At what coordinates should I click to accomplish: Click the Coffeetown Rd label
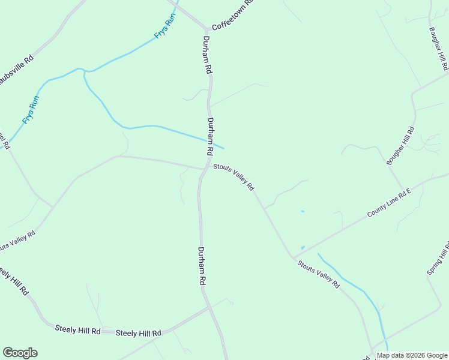point(234,16)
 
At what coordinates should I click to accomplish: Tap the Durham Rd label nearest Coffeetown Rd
point(207,55)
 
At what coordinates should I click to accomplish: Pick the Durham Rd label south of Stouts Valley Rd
point(202,266)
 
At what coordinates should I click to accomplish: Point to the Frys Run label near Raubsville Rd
point(31,110)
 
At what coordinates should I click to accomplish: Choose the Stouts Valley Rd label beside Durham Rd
point(234,178)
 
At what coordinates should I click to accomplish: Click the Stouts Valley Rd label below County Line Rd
point(318,274)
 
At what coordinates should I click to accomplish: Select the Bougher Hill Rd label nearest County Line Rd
point(400,146)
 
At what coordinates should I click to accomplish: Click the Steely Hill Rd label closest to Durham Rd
point(139,333)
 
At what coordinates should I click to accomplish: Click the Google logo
point(20,353)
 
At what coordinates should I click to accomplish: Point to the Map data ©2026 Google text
point(411,355)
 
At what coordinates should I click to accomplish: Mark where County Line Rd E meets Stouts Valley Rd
point(293,257)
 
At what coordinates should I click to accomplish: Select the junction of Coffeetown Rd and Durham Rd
point(206,29)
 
